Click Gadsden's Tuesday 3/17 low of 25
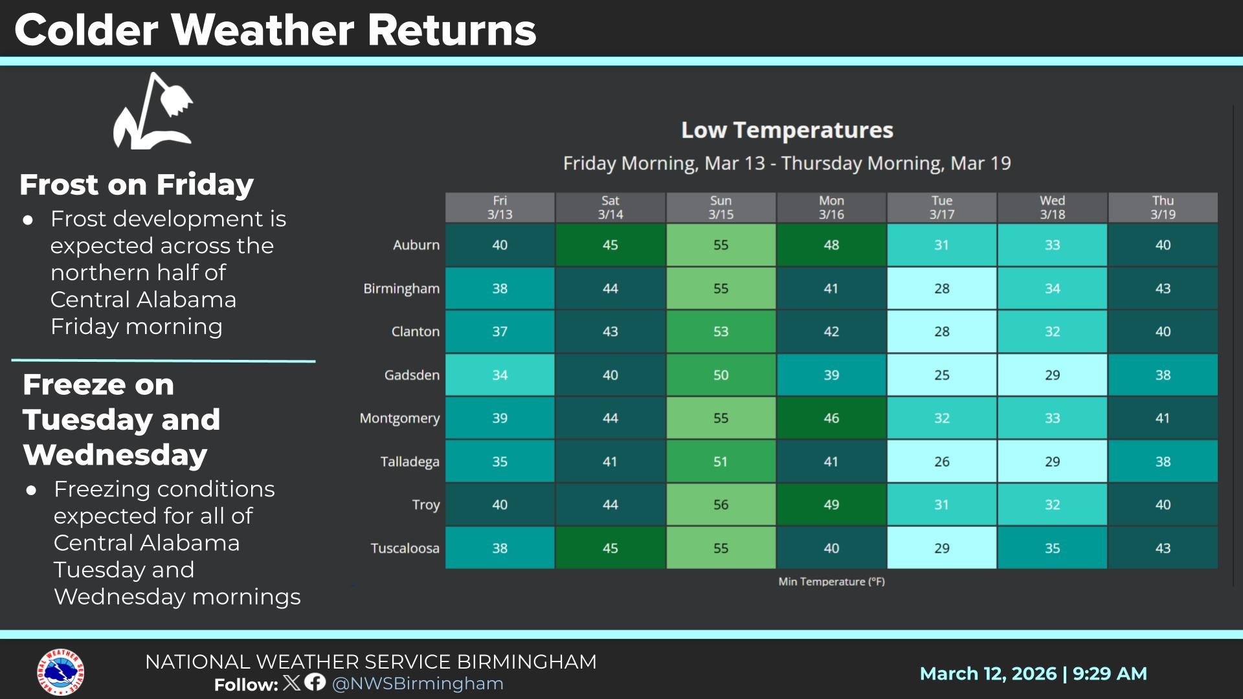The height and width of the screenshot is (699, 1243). (x=941, y=375)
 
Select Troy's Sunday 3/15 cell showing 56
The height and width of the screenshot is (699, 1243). (x=721, y=504)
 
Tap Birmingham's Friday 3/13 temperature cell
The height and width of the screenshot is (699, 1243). (x=500, y=288)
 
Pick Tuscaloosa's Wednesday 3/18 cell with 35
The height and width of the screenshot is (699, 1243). (x=1052, y=548)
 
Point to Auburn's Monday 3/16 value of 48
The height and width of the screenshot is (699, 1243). (x=831, y=245)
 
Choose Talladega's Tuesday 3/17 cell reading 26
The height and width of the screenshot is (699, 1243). (x=941, y=461)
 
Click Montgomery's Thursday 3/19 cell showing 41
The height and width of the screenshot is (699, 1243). (x=1163, y=418)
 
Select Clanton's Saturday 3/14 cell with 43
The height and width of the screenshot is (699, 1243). (x=610, y=331)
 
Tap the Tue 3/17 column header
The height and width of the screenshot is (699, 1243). (x=941, y=207)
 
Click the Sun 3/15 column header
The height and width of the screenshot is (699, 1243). (x=721, y=207)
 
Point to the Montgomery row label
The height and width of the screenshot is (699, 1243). (x=399, y=418)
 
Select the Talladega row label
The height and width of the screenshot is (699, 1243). (x=409, y=461)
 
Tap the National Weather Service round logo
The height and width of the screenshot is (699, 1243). (x=60, y=672)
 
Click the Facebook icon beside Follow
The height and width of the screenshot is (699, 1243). (x=315, y=682)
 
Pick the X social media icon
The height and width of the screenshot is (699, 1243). (x=292, y=682)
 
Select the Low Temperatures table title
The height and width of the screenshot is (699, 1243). (x=787, y=130)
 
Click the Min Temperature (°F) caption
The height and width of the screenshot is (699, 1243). (x=831, y=581)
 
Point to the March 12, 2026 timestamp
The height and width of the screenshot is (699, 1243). (x=1033, y=674)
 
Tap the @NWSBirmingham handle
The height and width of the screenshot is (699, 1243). (x=418, y=683)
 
